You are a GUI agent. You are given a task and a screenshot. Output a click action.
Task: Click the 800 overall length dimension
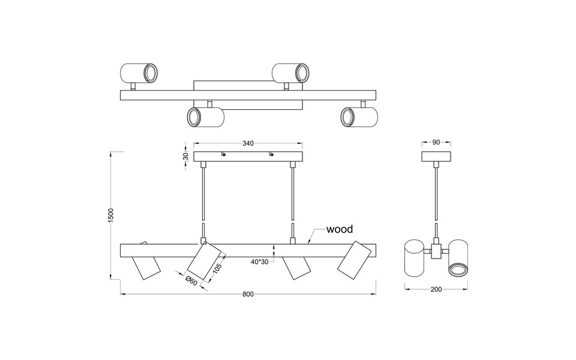248,294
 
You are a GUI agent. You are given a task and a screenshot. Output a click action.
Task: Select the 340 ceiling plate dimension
248,143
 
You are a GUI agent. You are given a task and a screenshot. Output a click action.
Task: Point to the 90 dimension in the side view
436,143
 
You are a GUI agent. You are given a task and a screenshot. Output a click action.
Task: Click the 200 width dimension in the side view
436,290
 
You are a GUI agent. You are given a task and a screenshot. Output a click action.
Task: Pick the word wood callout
339,229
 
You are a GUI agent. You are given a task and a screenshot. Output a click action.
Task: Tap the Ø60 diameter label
190,278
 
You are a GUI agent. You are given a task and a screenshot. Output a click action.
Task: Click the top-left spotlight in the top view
139,73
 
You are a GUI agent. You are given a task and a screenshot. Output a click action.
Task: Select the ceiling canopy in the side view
436,156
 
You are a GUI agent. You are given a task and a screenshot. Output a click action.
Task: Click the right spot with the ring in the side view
458,258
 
